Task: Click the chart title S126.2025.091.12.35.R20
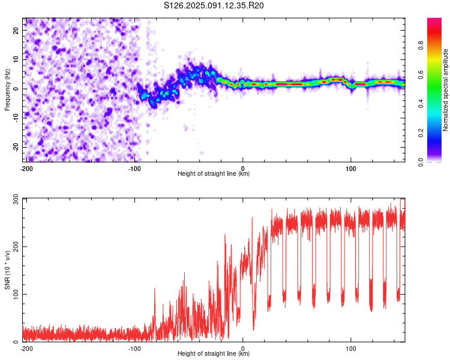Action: [x=214, y=5]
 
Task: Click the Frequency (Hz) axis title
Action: [x=7, y=90]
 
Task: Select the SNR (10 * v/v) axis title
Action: [x=7, y=270]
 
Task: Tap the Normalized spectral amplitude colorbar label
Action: [x=445, y=90]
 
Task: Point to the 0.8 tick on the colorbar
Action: [x=421, y=46]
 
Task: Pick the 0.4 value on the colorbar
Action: [x=421, y=104]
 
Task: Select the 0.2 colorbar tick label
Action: [x=421, y=133]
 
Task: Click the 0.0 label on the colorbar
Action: [x=421, y=162]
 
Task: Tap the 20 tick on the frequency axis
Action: [x=16, y=31]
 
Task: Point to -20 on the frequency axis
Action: [x=16, y=147]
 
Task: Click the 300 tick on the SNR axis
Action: [x=16, y=200]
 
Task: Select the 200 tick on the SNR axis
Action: [x=16, y=247]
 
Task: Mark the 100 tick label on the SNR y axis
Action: [x=16, y=294]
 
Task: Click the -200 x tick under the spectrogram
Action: [x=26, y=169]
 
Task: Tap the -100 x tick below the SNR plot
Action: [x=134, y=349]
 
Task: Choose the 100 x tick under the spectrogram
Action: [x=351, y=169]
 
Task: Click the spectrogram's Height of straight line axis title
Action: [x=214, y=173]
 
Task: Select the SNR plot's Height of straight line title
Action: [x=214, y=353]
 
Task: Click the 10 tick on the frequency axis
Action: [x=16, y=59]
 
